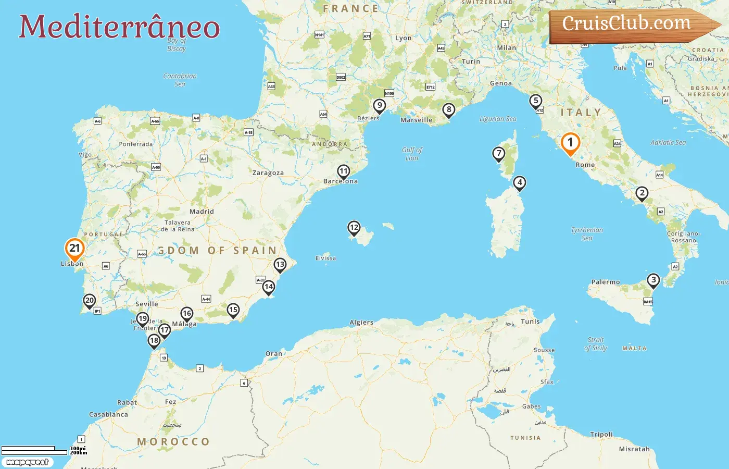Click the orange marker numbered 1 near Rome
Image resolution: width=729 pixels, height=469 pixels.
coord(570,143)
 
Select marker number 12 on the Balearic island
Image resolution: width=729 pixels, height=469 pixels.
coord(354,228)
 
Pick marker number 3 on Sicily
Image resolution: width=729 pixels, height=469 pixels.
coord(653,280)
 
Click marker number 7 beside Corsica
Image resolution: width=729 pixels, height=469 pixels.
coord(499,154)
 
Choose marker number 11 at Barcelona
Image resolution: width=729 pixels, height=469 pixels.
coord(343,171)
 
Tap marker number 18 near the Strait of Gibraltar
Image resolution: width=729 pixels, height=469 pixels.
coord(154,341)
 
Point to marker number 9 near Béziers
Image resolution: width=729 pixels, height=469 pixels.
coord(380,106)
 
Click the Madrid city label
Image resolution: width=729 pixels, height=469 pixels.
coord(202,212)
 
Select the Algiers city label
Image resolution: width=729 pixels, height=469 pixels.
coord(361,323)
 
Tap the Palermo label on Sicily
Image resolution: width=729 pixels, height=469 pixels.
coord(606,282)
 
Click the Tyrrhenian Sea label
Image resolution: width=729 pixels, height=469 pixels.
coord(587,233)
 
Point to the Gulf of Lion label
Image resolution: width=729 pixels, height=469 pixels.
coord(412,154)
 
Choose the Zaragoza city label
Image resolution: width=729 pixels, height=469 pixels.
coord(268,173)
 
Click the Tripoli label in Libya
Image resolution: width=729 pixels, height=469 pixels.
coord(601,435)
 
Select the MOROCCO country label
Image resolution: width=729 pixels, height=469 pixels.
coord(173,442)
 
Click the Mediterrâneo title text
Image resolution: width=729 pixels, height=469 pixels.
coord(119,27)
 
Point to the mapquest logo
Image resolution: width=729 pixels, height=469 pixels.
coord(27,462)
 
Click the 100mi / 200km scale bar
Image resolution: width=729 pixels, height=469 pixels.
coord(36,450)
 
